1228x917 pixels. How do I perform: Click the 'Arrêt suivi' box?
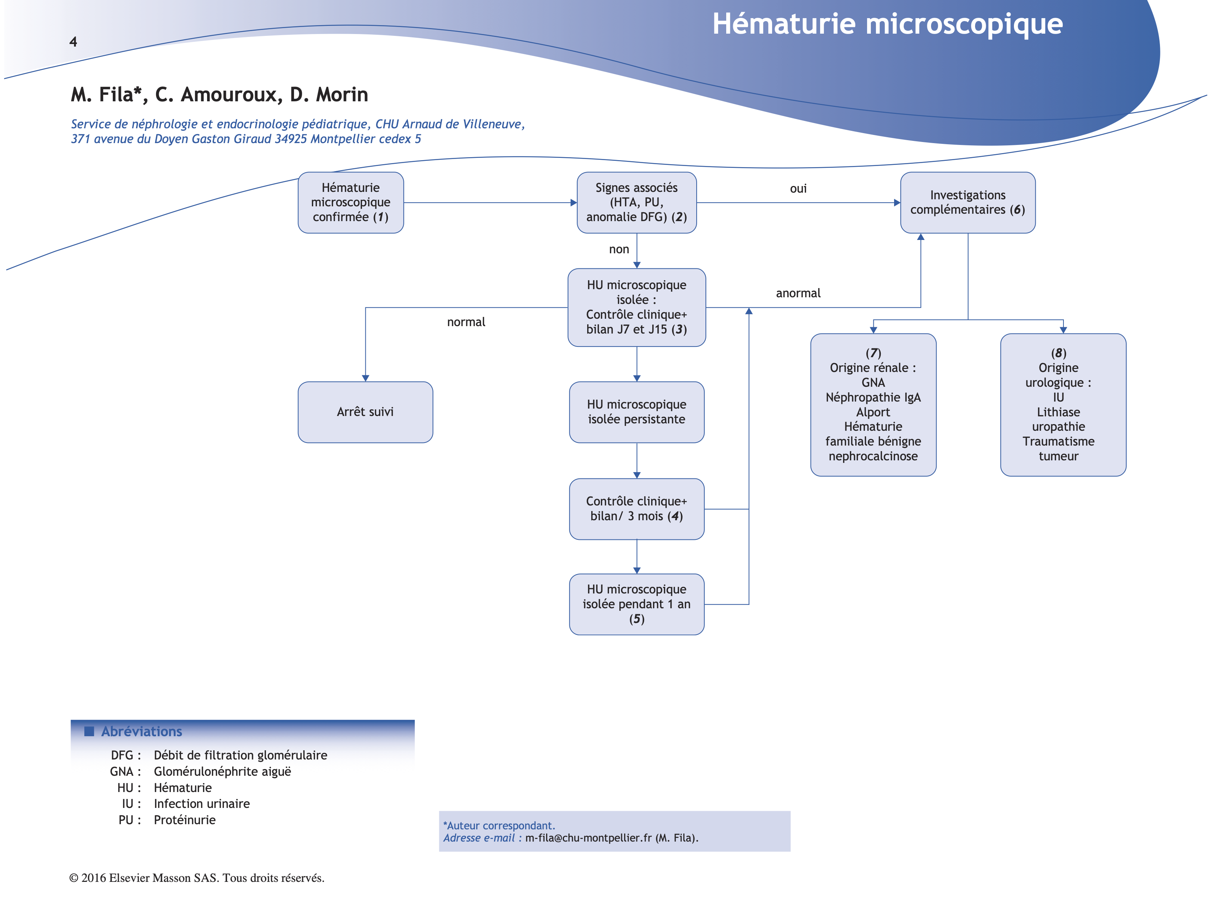click(x=365, y=412)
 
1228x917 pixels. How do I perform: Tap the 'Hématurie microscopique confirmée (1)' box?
click(x=350, y=203)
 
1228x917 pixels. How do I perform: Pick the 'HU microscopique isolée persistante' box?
click(x=636, y=412)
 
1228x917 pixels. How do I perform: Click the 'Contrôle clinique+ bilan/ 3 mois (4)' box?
click(x=636, y=508)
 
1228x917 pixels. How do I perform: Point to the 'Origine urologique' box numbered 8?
click(x=1063, y=405)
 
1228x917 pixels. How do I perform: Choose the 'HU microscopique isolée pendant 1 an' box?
click(x=636, y=604)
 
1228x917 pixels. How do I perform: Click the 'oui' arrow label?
click(x=798, y=189)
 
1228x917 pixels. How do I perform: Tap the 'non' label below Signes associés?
click(x=619, y=249)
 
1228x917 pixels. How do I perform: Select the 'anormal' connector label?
click(x=798, y=293)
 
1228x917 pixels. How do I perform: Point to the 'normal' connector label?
click(x=466, y=322)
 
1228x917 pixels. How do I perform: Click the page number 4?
click(x=73, y=42)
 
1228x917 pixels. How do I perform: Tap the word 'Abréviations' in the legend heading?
click(x=142, y=732)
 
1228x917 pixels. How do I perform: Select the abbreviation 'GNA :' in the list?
click(x=125, y=772)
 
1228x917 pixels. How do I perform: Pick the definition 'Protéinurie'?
click(x=184, y=820)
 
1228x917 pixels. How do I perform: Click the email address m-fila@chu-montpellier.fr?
click(x=588, y=838)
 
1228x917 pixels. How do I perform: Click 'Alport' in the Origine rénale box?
click(x=873, y=412)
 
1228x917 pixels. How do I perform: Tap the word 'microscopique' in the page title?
click(x=964, y=24)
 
